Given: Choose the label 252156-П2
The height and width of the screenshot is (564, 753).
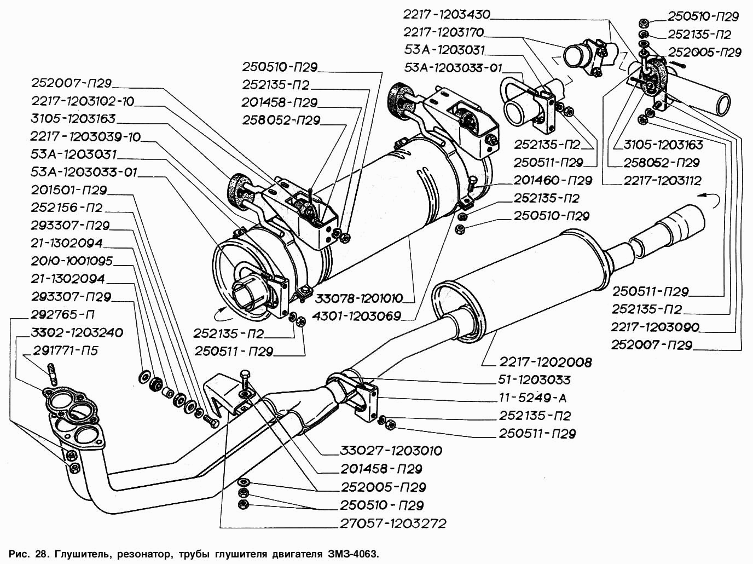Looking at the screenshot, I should tap(67, 208).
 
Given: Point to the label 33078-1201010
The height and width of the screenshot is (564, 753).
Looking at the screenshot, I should tap(366, 298).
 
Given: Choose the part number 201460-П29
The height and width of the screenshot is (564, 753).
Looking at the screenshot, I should tap(553, 181).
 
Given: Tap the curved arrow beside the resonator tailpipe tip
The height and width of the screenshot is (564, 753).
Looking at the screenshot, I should tap(711, 200).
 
